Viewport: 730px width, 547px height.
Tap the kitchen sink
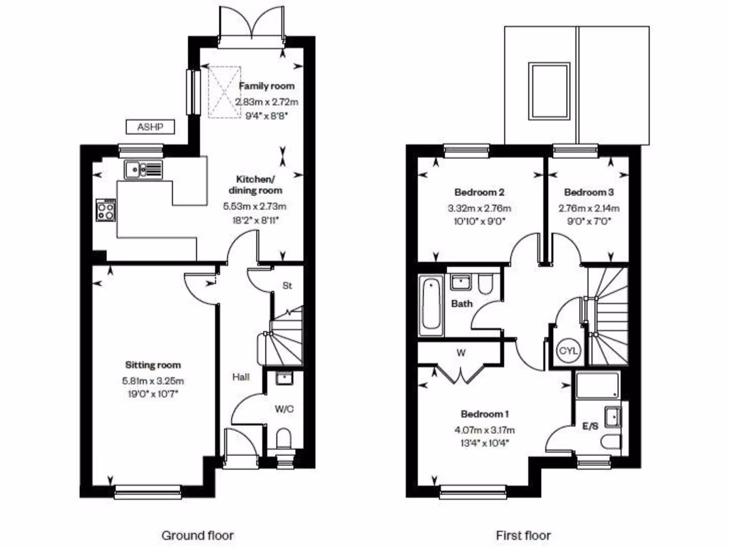(x=143, y=169)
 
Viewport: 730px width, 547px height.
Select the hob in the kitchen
(x=106, y=209)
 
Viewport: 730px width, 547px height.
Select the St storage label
(x=288, y=286)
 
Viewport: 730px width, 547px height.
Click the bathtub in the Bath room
(x=431, y=306)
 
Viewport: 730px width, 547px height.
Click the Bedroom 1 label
(x=484, y=414)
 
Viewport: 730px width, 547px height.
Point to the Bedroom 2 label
(x=480, y=192)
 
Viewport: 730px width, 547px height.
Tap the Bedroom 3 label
(x=588, y=192)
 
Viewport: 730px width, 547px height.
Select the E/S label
(x=590, y=426)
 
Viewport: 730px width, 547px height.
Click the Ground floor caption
(x=197, y=535)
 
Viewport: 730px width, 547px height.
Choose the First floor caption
(x=523, y=535)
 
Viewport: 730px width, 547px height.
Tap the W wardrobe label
(x=461, y=352)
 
